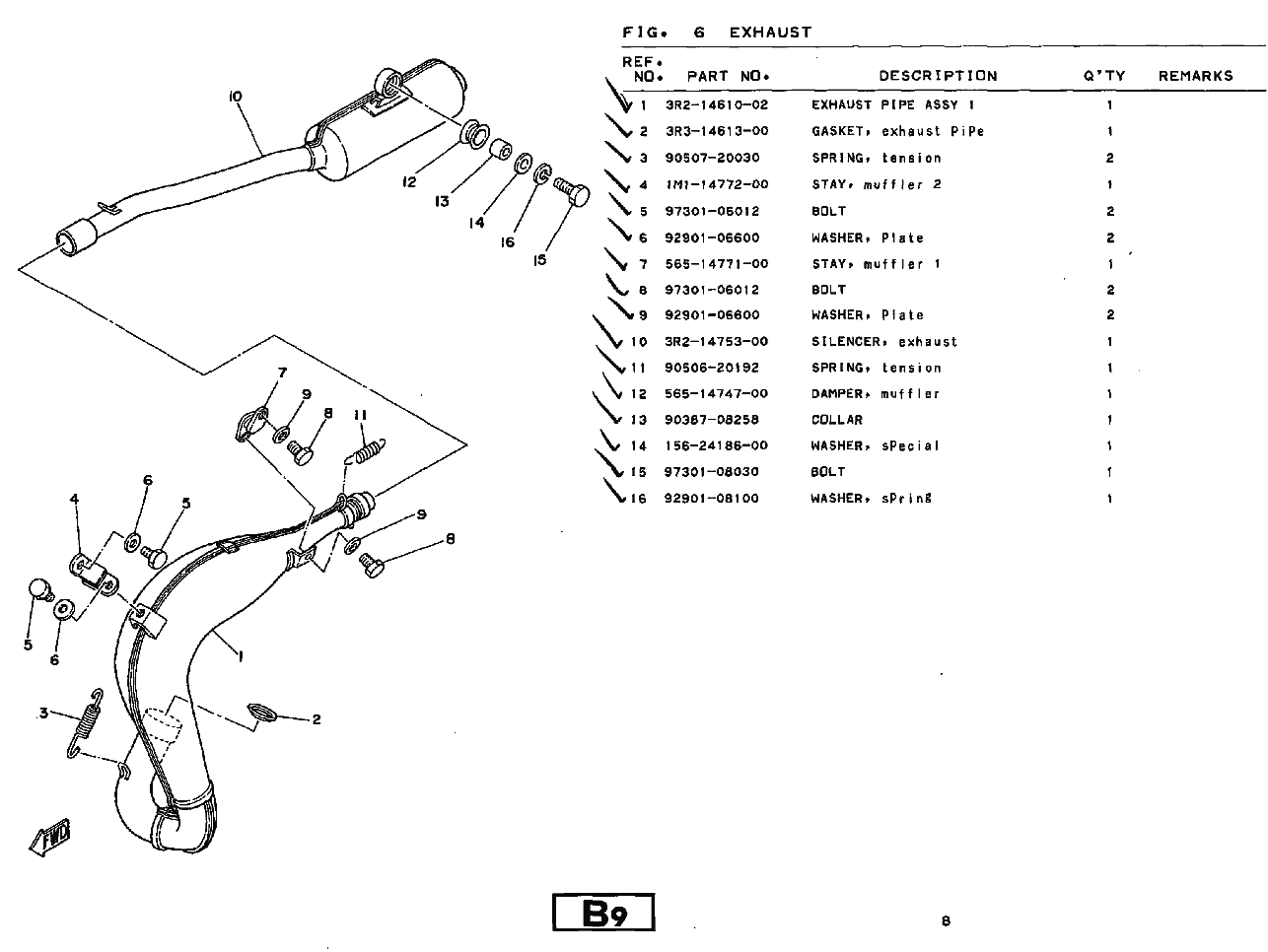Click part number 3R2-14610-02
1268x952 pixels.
716,104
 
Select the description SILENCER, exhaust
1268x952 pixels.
883,342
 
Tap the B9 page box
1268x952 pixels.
603,914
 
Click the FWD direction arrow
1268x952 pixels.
51,837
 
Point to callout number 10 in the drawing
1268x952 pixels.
235,96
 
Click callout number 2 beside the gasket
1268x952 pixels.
317,719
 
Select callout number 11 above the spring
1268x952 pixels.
360,416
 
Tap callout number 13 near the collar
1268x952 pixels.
443,201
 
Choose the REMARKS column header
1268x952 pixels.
1195,76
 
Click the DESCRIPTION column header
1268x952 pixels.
938,76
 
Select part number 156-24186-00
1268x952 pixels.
716,445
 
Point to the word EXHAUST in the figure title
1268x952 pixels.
771,33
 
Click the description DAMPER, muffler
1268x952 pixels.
875,394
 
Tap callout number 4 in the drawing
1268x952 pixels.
74,499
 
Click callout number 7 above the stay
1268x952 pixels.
282,373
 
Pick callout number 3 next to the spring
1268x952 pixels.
42,714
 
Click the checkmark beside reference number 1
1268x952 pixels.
619,100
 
